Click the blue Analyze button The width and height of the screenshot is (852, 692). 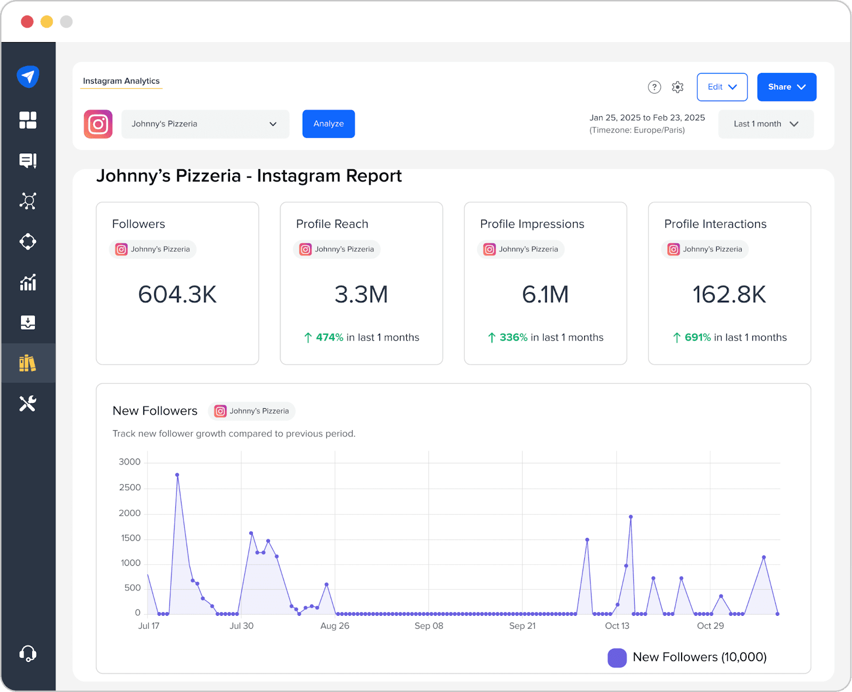coord(329,123)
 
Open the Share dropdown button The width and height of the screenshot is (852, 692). coord(787,87)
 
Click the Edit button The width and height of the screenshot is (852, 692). coord(722,87)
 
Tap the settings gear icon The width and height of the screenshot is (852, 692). coord(677,87)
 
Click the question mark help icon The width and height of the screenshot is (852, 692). coord(654,87)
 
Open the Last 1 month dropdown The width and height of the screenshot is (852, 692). coord(766,124)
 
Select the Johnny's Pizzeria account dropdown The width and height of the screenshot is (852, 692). coord(205,124)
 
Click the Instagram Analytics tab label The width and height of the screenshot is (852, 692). coord(121,81)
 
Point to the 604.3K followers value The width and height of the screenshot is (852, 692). coord(177,294)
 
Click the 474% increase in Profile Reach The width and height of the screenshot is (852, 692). coord(330,337)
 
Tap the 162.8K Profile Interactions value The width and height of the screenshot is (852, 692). coord(729,294)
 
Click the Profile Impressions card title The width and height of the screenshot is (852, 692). coord(532,224)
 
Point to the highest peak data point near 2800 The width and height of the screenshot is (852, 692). coord(177,475)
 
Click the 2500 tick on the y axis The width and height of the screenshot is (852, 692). coord(130,488)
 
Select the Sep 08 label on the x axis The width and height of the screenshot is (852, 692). coord(429,626)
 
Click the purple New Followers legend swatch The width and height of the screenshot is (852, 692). coord(617,658)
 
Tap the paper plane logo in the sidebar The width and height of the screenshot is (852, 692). coord(28,77)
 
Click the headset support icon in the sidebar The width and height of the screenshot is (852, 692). coord(28,653)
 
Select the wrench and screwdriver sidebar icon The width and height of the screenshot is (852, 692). coord(28,403)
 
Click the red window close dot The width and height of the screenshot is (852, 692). coord(27,21)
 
